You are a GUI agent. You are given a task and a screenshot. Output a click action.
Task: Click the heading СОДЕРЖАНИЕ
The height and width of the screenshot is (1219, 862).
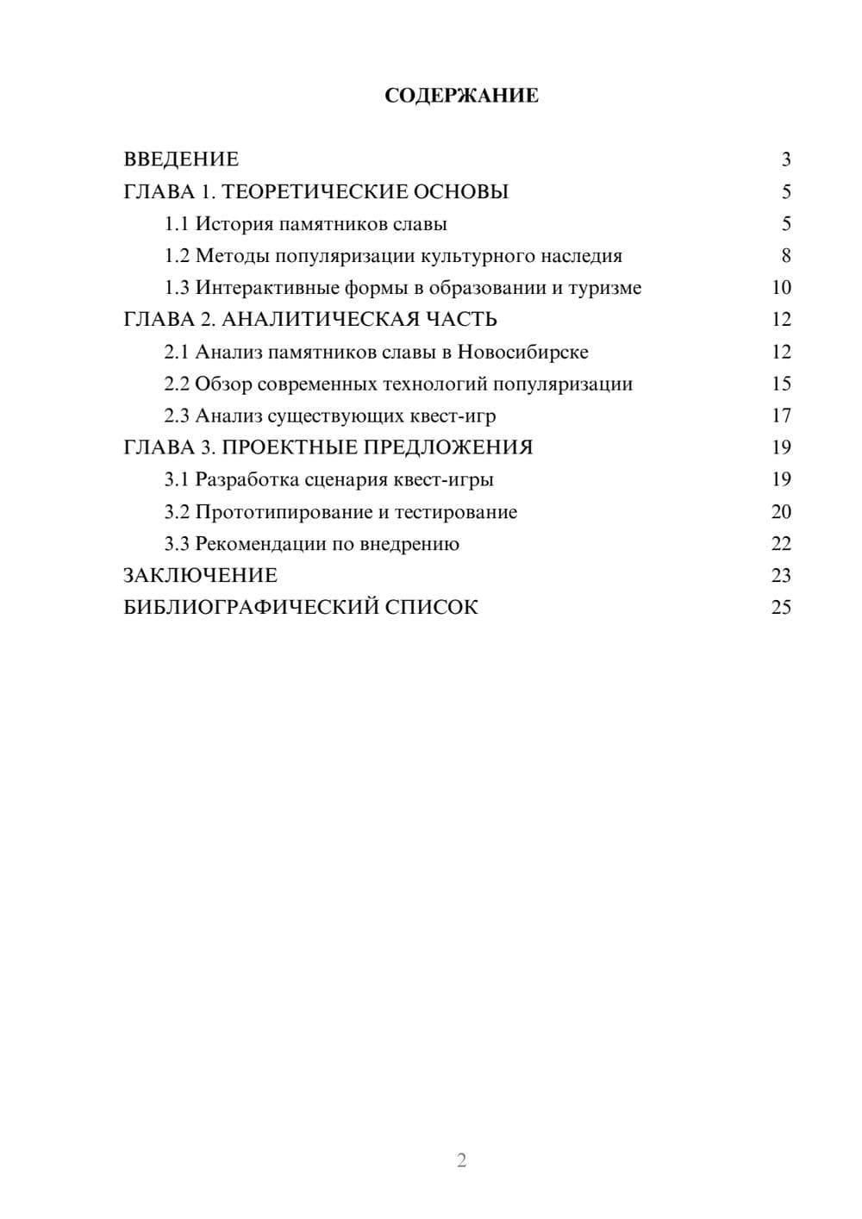(x=461, y=96)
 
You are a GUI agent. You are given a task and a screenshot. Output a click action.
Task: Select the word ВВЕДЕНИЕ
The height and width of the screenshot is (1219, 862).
(x=181, y=159)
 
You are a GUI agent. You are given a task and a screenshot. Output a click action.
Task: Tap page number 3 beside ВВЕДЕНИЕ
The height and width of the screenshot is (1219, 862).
(x=785, y=159)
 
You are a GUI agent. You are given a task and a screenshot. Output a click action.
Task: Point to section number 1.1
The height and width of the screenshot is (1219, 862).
(x=176, y=224)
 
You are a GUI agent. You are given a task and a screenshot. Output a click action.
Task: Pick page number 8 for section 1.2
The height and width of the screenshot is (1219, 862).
(x=785, y=256)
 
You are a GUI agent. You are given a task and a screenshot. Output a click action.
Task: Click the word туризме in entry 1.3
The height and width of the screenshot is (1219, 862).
(x=605, y=288)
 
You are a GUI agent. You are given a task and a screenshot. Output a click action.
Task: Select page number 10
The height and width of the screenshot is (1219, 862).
(x=781, y=288)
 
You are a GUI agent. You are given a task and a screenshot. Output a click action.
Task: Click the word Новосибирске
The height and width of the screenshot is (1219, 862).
(x=522, y=352)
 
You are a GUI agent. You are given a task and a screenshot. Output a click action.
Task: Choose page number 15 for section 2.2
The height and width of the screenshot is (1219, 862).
(x=781, y=384)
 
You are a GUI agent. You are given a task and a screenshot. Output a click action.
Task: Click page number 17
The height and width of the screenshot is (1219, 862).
(x=781, y=416)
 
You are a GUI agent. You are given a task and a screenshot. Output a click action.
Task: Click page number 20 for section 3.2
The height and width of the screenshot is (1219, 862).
(x=781, y=512)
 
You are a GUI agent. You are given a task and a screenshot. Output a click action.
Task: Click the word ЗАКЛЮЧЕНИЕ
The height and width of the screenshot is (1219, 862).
(x=200, y=576)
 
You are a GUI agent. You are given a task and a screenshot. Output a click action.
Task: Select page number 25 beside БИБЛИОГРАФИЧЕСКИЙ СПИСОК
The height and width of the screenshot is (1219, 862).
(x=781, y=608)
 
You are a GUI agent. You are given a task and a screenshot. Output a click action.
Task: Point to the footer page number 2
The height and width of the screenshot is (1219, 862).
(x=461, y=1160)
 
